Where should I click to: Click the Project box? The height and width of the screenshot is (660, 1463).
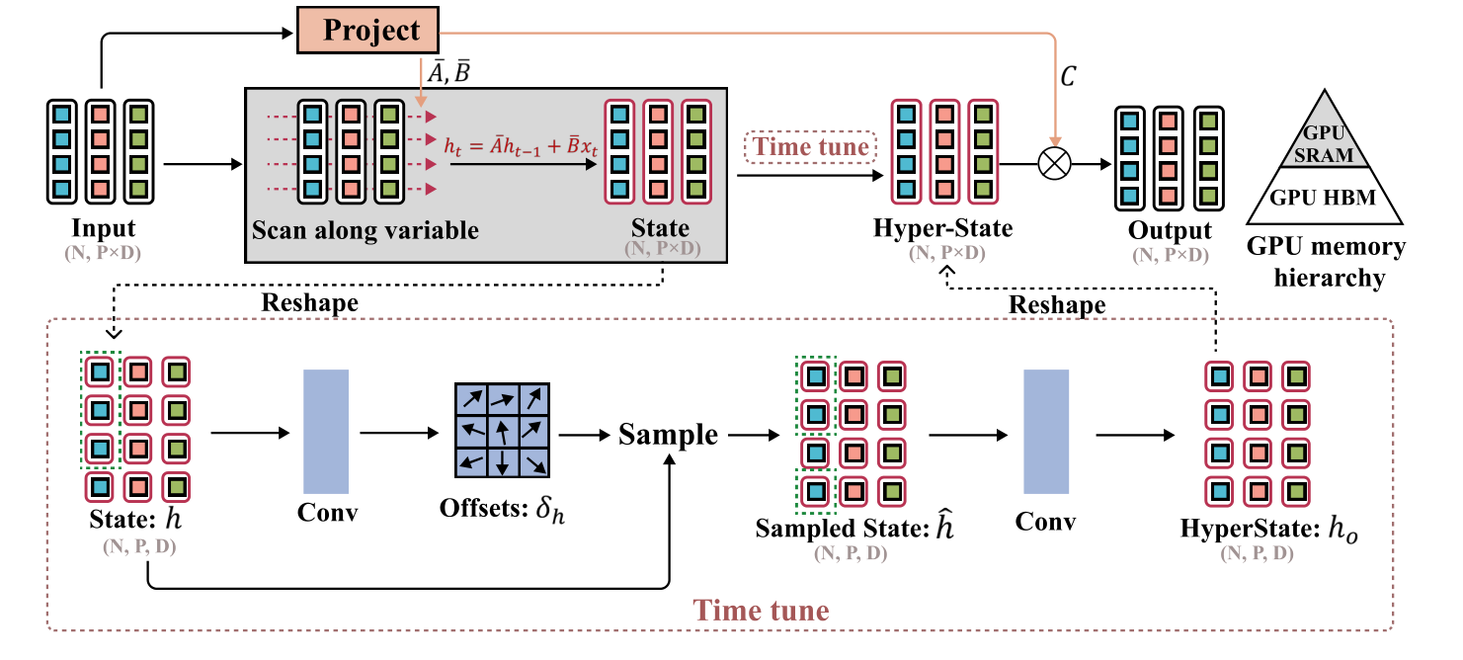[370, 30]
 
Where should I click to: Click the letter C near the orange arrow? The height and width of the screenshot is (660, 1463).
[1068, 76]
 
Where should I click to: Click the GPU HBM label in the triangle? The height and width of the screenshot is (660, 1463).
[1323, 198]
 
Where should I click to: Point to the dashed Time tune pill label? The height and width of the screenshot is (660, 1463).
[811, 148]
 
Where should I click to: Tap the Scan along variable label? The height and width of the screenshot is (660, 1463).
[366, 231]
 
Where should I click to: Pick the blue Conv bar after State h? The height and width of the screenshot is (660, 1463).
[326, 431]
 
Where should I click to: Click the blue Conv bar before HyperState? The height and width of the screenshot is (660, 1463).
[1046, 431]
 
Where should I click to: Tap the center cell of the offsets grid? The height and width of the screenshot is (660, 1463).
[502, 431]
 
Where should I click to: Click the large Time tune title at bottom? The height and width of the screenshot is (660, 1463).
[761, 610]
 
